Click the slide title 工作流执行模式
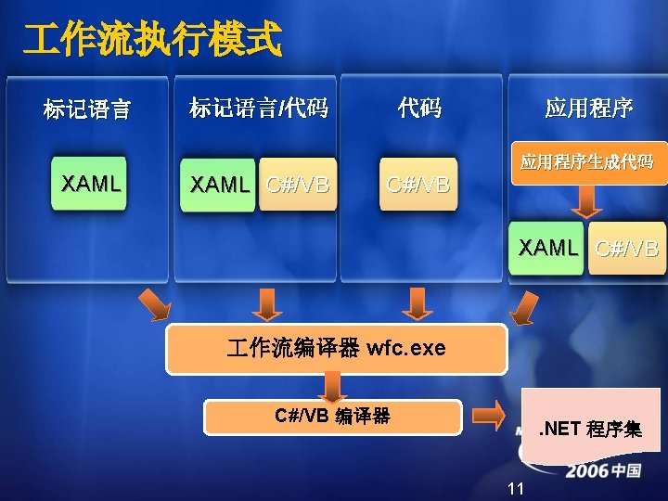click(152, 40)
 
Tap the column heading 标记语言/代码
click(259, 109)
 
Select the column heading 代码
click(419, 109)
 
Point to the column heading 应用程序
click(588, 109)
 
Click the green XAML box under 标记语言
click(90, 184)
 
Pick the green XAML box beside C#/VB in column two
click(220, 185)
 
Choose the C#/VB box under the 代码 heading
click(418, 185)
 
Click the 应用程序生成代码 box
click(586, 162)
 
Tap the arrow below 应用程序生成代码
click(586, 201)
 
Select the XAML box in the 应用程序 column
click(547, 248)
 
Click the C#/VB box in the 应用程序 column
click(627, 248)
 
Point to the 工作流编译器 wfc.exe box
click(336, 349)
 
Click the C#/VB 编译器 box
click(332, 417)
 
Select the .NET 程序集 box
click(591, 428)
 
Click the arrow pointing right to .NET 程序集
click(487, 415)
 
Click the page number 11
click(517, 489)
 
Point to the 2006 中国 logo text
click(604, 470)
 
